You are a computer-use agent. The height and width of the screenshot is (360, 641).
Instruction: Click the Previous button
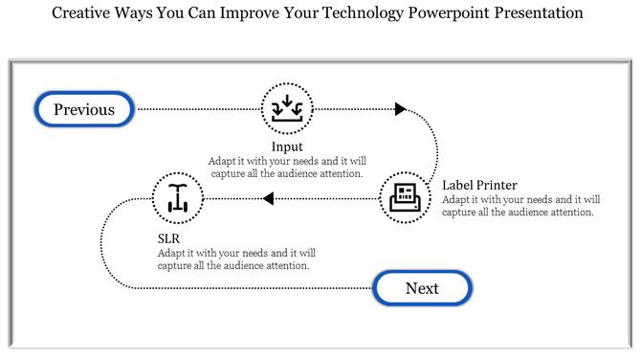point(84,109)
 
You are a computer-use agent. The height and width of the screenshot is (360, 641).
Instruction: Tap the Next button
point(422,288)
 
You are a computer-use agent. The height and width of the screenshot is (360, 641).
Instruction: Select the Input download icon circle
point(287,108)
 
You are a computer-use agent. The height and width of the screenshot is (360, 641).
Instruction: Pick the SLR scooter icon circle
point(178,198)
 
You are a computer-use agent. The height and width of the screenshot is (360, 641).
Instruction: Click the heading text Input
point(287,146)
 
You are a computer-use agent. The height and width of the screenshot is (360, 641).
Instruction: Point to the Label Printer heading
point(479,185)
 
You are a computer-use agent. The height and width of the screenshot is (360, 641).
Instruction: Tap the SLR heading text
point(169,237)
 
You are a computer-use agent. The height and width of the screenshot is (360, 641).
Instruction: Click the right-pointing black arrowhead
point(400,109)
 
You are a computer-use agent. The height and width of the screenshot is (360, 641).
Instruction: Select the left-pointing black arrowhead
point(269,198)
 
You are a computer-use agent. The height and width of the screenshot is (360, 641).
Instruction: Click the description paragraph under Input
point(286,168)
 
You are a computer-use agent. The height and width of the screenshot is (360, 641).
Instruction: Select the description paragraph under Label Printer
point(520,206)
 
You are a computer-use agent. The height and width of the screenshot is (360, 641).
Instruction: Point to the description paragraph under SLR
point(236,259)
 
